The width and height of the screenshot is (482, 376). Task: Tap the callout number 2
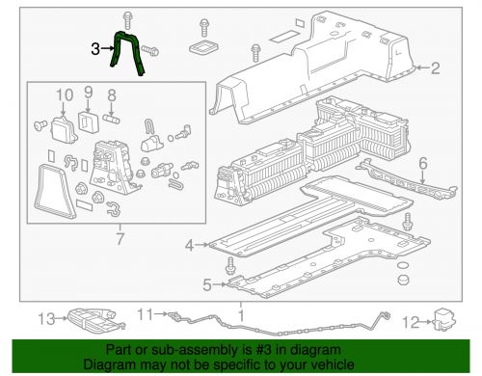pyautogui.click(x=435, y=68)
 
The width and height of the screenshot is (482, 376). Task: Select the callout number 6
pyautogui.click(x=423, y=163)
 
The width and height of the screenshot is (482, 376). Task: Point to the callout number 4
pyautogui.click(x=189, y=246)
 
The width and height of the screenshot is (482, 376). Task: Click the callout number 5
pyautogui.click(x=207, y=284)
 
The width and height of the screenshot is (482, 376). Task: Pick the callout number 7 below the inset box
pyautogui.click(x=120, y=239)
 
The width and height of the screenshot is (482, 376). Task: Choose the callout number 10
pyautogui.click(x=65, y=95)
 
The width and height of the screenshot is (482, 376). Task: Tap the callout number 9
pyautogui.click(x=88, y=93)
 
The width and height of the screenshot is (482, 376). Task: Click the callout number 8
pyautogui.click(x=112, y=95)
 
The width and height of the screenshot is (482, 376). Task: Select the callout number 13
pyautogui.click(x=47, y=319)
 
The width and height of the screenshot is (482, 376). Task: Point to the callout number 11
pyautogui.click(x=146, y=314)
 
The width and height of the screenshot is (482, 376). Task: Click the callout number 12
pyautogui.click(x=412, y=322)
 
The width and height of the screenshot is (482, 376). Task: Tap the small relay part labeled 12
pyautogui.click(x=444, y=319)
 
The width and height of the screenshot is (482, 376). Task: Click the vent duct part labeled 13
pyautogui.click(x=95, y=320)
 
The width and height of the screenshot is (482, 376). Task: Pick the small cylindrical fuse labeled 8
pyautogui.click(x=111, y=119)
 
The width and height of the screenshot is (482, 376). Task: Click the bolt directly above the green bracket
pyautogui.click(x=127, y=20)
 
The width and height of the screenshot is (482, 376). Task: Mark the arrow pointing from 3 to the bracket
pyautogui.click(x=107, y=49)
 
